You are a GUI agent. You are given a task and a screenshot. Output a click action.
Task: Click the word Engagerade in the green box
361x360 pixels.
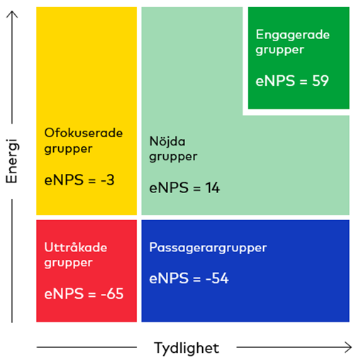coord(293,35)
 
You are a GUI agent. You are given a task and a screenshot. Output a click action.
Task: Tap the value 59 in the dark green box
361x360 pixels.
coord(321,81)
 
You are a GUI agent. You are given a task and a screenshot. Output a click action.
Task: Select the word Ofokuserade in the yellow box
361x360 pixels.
coord(84,133)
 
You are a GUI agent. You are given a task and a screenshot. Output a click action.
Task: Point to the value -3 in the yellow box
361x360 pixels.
coord(108,180)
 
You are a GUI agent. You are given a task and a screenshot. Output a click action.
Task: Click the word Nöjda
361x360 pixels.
coord(167,141)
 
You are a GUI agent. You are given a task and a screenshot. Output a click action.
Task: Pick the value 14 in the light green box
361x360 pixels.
coord(213,188)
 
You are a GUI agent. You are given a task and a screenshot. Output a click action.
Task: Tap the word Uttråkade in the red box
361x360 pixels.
coord(76,247)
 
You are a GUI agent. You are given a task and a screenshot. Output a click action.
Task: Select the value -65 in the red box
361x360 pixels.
coord(112,294)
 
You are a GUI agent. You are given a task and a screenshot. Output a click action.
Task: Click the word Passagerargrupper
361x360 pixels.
coord(208,248)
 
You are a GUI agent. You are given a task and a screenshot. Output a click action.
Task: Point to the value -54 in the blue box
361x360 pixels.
coord(217,278)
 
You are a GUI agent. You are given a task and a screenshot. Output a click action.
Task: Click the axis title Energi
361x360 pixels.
coord(11,161)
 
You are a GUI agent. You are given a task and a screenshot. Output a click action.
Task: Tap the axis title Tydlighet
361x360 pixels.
coord(187,349)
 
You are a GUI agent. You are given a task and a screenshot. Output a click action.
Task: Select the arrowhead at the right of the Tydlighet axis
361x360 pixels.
coord(349,347)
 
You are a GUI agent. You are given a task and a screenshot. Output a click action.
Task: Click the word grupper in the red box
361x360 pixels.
coord(68,263)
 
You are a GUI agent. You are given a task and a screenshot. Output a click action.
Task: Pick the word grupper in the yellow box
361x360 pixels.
coord(68,149)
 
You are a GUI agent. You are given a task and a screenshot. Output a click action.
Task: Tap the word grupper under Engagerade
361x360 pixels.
coord(279,50)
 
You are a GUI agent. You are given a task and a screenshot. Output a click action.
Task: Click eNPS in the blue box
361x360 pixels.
coord(169,278)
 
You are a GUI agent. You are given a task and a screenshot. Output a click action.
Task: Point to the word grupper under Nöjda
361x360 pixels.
coord(173,157)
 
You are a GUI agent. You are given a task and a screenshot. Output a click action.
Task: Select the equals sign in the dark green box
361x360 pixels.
coord(304,82)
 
